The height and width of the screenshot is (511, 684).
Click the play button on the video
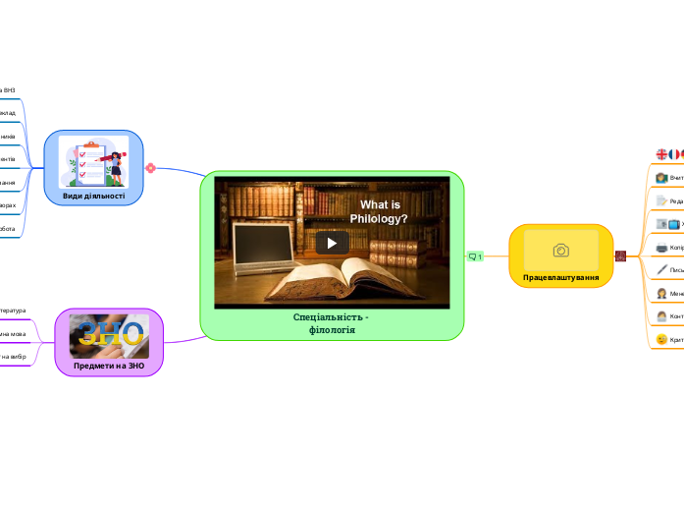[332, 243]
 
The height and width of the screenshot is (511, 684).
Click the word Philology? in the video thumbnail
[379, 218]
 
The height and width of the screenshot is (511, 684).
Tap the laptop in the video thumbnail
[263, 244]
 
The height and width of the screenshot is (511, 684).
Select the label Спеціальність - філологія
[332, 323]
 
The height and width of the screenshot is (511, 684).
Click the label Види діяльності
[94, 196]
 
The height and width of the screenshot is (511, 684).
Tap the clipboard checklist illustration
[89, 162]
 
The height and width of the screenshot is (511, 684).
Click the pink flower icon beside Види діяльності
[150, 168]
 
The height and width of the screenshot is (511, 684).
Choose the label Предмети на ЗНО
[109, 366]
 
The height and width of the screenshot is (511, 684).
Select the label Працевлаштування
[561, 278]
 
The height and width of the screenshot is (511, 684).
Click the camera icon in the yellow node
[561, 251]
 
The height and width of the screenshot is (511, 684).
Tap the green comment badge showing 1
[476, 256]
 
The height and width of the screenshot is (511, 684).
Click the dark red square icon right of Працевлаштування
[620, 256]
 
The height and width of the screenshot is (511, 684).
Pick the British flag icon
[661, 154]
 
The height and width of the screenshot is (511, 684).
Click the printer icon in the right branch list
[661, 247]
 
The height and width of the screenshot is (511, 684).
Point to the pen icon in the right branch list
[661, 269]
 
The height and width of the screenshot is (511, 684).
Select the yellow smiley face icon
[661, 339]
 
